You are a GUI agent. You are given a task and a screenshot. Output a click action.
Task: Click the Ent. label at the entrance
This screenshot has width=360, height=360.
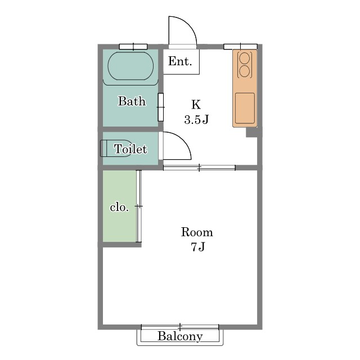[x=180, y=61]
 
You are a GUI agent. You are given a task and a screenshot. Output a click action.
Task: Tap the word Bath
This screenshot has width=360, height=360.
[x=132, y=101]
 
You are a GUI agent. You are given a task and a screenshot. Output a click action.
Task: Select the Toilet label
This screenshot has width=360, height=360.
[x=130, y=149]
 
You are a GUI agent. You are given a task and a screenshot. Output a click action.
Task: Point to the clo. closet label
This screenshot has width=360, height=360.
[x=119, y=208]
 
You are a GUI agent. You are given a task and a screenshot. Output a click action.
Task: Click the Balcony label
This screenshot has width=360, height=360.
[x=180, y=336]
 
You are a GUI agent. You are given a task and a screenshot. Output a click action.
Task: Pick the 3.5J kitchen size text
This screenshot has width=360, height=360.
[x=196, y=119]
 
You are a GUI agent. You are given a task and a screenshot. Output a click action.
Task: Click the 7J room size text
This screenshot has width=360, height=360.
[x=197, y=247]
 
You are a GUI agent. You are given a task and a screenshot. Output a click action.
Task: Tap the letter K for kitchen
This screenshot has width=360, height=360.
[x=196, y=105]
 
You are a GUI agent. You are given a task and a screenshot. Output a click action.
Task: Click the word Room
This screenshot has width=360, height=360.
[x=197, y=232]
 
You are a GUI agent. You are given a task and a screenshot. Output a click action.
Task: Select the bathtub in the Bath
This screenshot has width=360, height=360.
[x=130, y=66]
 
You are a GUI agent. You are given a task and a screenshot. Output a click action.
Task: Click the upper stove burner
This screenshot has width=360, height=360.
[x=244, y=58]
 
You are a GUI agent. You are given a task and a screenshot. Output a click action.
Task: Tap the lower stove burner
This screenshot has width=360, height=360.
[x=244, y=71]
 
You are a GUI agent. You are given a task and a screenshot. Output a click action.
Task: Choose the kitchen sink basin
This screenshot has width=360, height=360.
[x=245, y=109]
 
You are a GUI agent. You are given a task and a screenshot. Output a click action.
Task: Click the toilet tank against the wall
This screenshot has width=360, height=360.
[x=103, y=148]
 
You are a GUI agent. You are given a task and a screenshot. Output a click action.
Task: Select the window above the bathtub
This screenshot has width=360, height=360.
[x=133, y=47]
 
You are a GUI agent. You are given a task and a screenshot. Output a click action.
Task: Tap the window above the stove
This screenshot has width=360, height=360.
[x=240, y=46]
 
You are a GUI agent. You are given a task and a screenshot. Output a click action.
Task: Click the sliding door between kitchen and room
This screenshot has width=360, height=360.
[x=199, y=168]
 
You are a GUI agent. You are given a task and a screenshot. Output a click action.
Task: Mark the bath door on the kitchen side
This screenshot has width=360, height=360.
[x=161, y=107]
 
